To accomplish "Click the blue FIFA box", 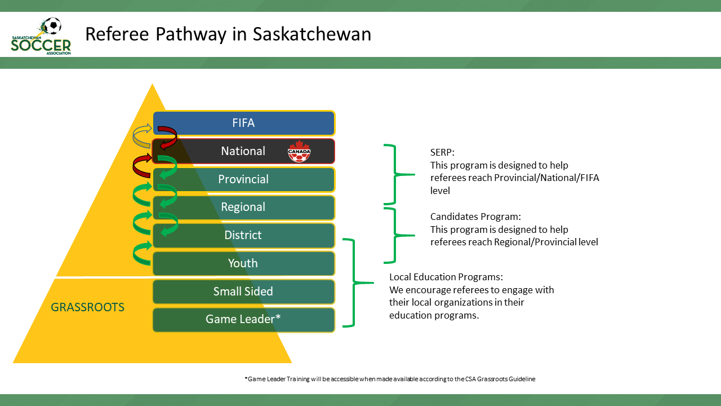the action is point(243,123).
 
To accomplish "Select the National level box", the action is point(243,151).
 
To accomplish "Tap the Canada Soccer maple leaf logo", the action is point(299,151).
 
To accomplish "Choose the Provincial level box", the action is point(243,179).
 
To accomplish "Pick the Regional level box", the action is point(243,207).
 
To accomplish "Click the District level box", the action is point(243,235).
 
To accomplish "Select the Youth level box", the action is point(243,263).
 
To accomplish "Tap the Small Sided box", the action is point(243,292).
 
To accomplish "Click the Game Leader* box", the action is point(243,319).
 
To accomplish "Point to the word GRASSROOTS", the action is point(87,307).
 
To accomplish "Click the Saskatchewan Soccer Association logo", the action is point(41,37).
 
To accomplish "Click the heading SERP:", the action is point(442,153).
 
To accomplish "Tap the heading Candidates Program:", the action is point(475,217).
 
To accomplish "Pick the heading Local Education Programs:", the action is point(446,277).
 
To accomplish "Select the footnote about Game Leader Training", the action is point(390,379).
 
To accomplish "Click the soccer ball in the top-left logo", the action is point(52,25).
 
